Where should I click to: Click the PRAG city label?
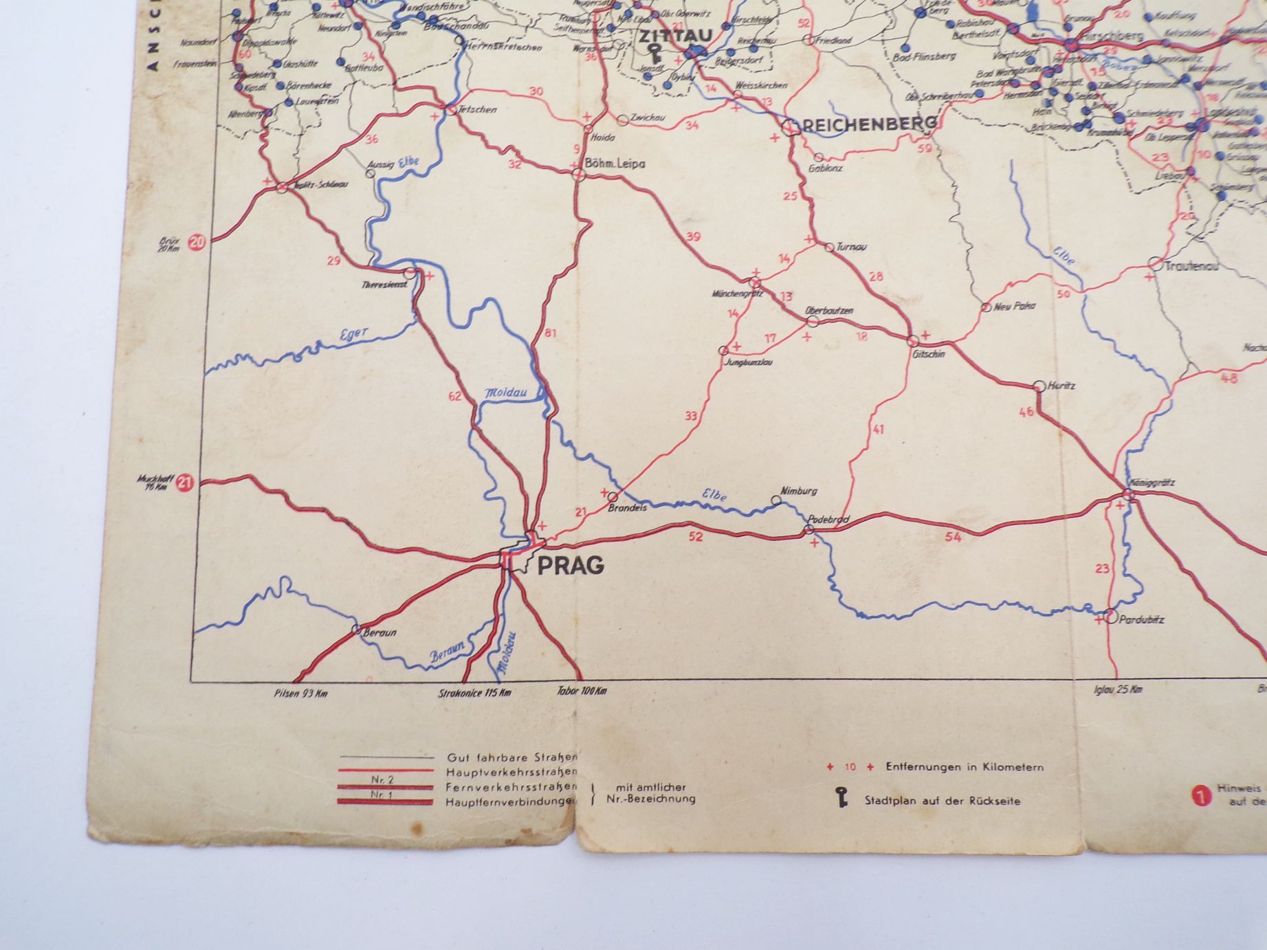point(570,566)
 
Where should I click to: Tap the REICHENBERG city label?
point(869,124)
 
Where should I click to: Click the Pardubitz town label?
point(1141,619)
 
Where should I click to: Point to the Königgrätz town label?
point(1152,482)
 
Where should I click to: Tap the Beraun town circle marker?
point(356,628)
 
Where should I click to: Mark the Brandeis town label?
point(627,509)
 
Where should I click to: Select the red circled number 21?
point(184,483)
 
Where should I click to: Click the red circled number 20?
point(197,242)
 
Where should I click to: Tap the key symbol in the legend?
point(841,797)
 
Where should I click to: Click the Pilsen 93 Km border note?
point(300,693)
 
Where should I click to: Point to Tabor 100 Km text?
point(582,691)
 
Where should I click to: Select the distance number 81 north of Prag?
point(550,334)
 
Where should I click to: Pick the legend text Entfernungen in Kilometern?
point(965,766)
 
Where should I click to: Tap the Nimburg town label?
point(798,491)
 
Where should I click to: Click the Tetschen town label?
point(478,109)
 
